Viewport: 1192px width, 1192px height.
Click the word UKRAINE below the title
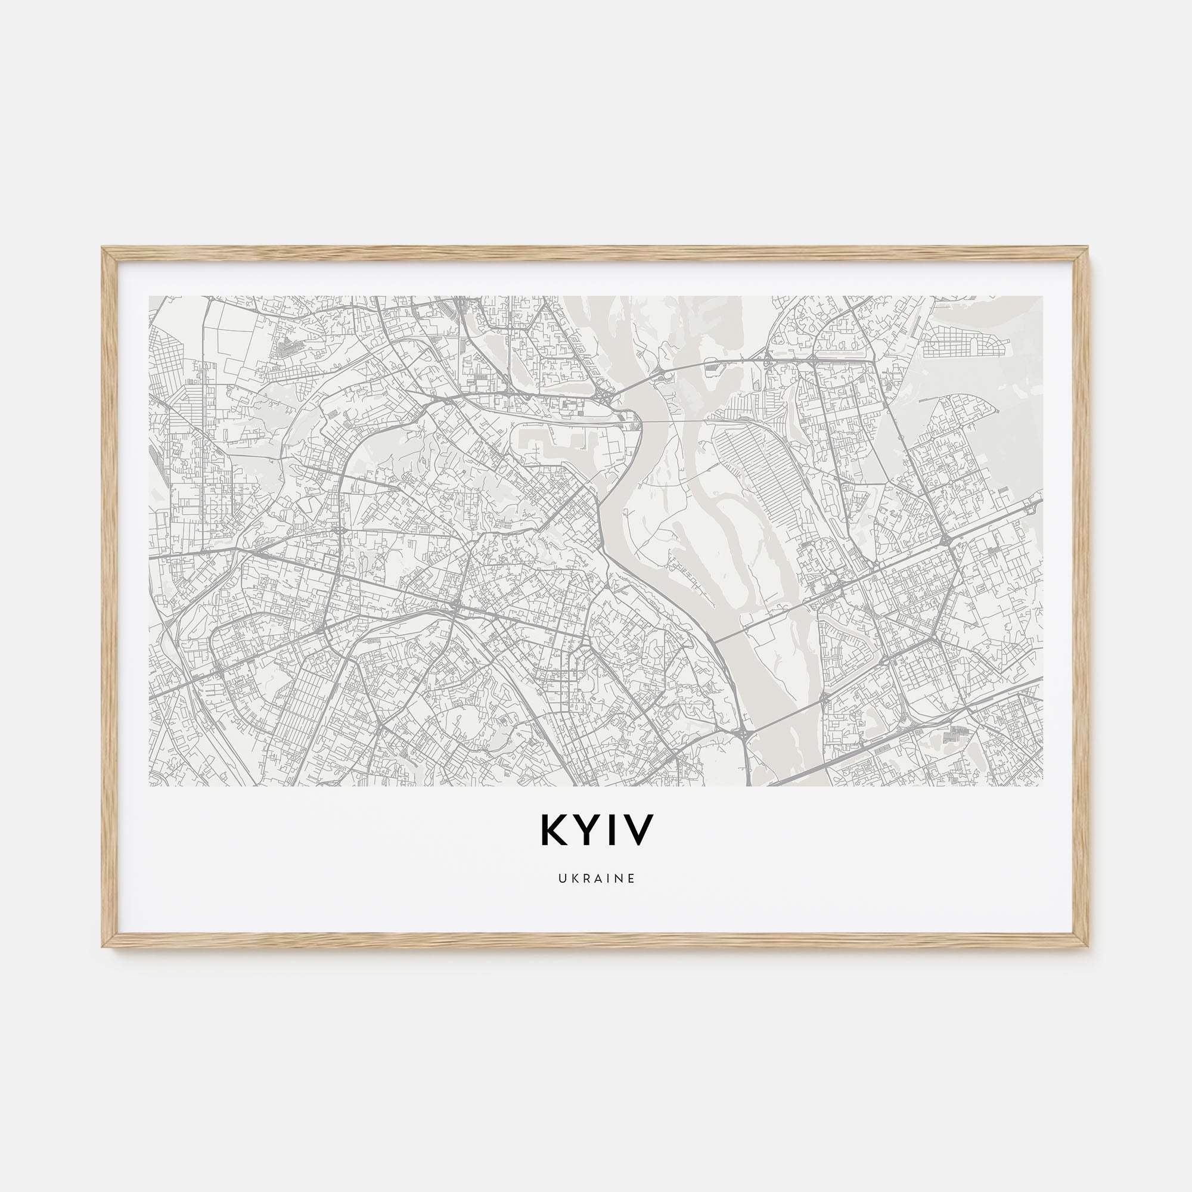[596, 879]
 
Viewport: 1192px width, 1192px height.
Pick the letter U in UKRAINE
[561, 879]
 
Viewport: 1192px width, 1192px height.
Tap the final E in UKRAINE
[631, 879]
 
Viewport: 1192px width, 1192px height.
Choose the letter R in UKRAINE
[584, 879]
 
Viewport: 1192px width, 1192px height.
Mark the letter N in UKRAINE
[619, 879]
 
